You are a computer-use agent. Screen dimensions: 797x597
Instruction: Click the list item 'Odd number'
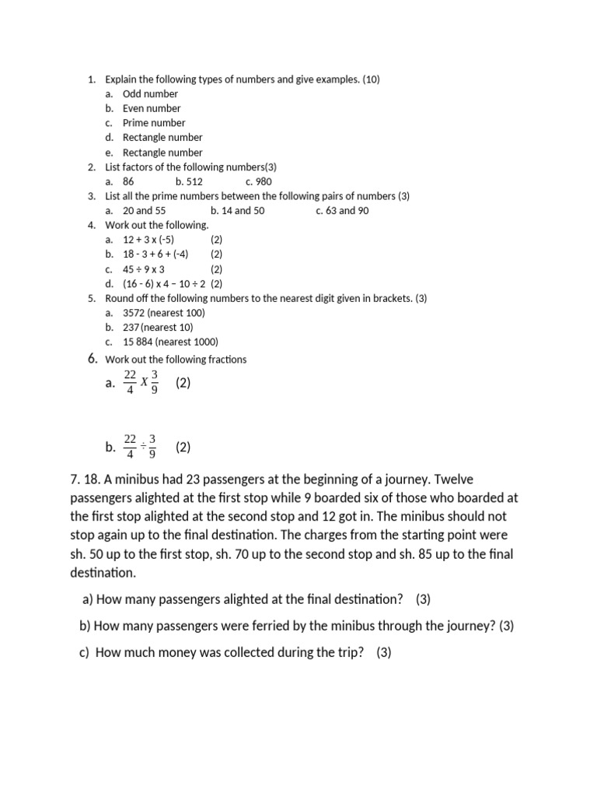(x=150, y=94)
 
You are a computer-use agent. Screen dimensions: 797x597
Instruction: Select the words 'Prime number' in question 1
(x=154, y=123)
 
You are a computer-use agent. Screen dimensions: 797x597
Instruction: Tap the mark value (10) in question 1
(x=371, y=79)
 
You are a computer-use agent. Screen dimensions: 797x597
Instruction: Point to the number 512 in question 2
(x=194, y=181)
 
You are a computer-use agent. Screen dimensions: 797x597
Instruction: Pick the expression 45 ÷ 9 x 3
(x=144, y=269)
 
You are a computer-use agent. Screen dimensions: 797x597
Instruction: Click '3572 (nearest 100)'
(x=164, y=313)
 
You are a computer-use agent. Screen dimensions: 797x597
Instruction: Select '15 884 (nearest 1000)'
(x=170, y=342)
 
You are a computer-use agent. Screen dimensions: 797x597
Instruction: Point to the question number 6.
(x=92, y=359)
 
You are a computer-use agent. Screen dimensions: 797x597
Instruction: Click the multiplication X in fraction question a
(x=143, y=384)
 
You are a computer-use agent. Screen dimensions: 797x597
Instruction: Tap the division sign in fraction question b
(x=143, y=448)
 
